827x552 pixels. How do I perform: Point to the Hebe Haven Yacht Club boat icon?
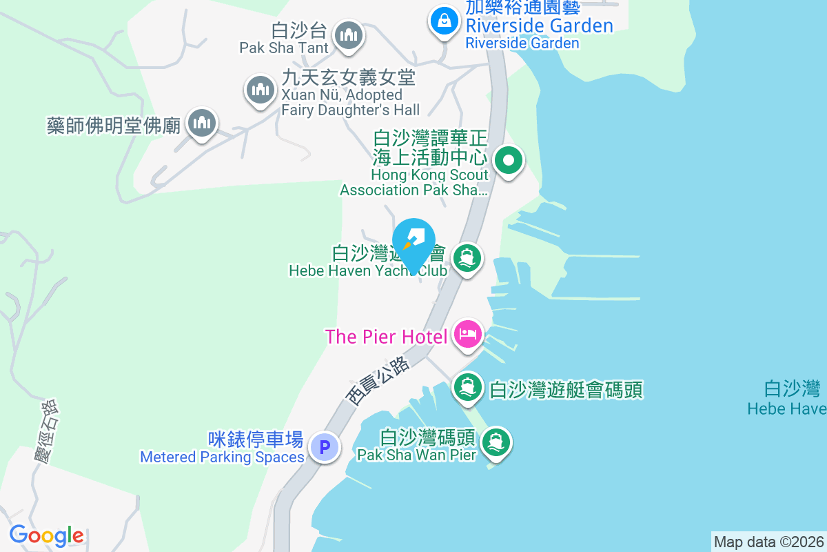467,259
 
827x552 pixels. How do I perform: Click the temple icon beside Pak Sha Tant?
349,34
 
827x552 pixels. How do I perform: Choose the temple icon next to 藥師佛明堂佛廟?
201,123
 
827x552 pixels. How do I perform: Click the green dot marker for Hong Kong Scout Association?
509,161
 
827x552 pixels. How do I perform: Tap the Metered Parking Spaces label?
222,457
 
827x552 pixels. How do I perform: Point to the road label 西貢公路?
378,380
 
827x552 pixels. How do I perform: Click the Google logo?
46,535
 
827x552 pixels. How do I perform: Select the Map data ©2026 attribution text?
768,542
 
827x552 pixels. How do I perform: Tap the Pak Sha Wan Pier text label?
416,455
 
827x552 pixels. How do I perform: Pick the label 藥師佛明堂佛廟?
113,126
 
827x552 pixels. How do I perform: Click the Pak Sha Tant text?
284,48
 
